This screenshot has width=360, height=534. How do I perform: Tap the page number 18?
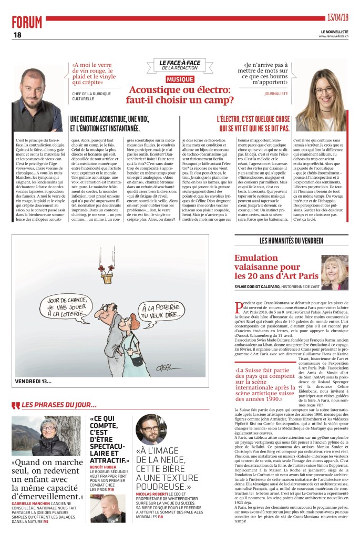click(x=17, y=35)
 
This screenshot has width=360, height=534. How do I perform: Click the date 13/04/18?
click(x=336, y=17)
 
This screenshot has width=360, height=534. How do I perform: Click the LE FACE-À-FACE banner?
click(x=179, y=66)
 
